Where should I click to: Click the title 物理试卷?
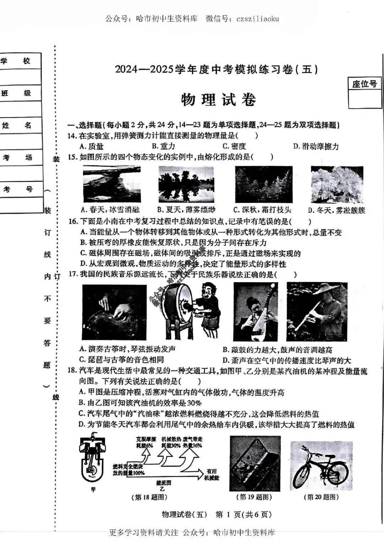tap(218, 100)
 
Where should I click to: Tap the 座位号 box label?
tap(364, 84)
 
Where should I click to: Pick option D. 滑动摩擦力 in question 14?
tap(316, 146)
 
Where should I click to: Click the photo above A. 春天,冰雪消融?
tap(111, 184)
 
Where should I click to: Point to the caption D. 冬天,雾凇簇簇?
tap(336, 210)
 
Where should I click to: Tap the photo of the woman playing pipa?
tap(255, 312)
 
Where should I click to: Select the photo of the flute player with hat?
tap(317, 312)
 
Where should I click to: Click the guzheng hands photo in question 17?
tap(114, 312)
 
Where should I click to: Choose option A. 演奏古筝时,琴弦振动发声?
tap(127, 349)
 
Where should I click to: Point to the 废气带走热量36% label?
tap(192, 442)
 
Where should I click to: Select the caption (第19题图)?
tap(254, 497)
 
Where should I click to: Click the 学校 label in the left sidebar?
tap(16, 61)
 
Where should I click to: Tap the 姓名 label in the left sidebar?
tap(16, 125)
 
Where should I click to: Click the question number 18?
tap(72, 370)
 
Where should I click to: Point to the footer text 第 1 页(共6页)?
tap(244, 514)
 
